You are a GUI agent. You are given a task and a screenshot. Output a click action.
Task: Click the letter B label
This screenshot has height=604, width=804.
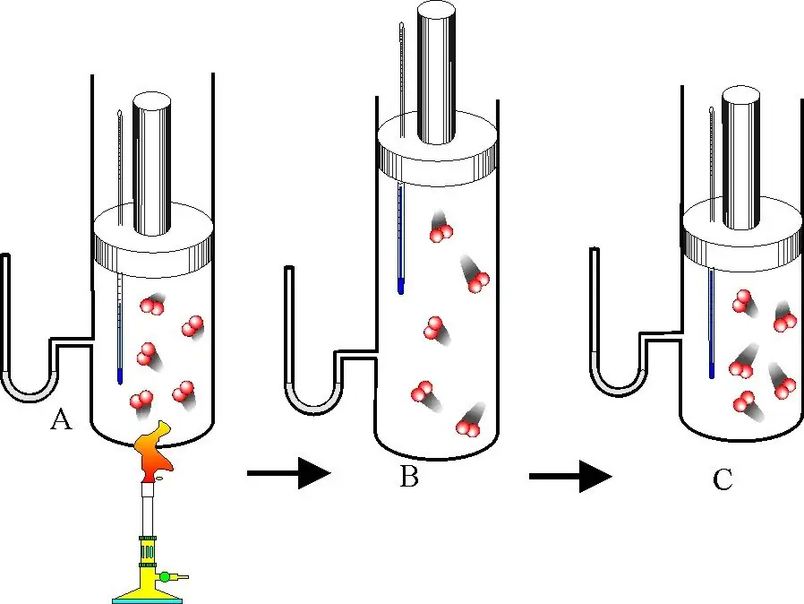coord(409,476)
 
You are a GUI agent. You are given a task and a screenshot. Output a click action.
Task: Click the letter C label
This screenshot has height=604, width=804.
coord(723,479)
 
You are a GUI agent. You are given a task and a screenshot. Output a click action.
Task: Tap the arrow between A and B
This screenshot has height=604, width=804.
coord(288,472)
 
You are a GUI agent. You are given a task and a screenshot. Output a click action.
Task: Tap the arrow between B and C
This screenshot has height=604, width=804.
coord(570,476)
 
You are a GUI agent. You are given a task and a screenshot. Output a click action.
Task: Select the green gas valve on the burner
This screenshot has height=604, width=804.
coord(164,576)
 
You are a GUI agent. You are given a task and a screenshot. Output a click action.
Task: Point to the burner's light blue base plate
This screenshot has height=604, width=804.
coord(147,600)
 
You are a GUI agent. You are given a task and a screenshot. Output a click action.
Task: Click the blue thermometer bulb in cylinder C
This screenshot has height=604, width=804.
coord(712,370)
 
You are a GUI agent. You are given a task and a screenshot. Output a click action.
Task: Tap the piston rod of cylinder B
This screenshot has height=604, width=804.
coord(437,73)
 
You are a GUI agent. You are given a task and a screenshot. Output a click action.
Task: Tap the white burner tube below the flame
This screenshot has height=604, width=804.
coord(148,510)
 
